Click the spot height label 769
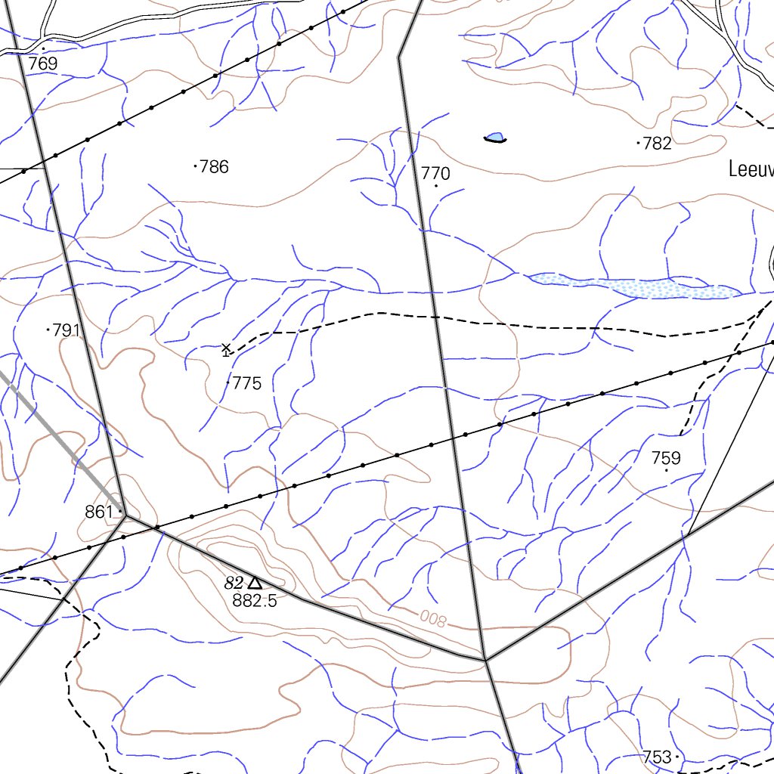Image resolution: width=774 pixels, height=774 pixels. [x=43, y=64]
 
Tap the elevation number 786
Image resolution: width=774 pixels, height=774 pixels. [x=214, y=166]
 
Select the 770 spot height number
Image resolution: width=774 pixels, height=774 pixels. [x=435, y=174]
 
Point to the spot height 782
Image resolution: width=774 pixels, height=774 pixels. [x=657, y=143]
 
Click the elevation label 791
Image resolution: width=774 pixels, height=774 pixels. [x=67, y=330]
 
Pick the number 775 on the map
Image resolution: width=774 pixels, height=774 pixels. [x=246, y=383]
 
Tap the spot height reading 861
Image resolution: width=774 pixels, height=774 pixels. [x=99, y=512]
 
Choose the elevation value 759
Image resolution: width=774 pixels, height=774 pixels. [x=666, y=458]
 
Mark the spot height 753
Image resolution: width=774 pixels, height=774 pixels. [x=657, y=757]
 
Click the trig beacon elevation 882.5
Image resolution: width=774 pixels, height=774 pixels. [x=255, y=601]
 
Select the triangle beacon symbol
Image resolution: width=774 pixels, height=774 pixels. [x=255, y=583]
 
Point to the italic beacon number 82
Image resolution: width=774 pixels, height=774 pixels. [x=234, y=583]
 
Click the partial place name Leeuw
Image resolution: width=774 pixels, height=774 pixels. [x=751, y=169]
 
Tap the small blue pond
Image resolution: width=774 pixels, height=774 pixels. [x=495, y=138]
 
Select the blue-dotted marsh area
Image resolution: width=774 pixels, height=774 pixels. [x=635, y=286]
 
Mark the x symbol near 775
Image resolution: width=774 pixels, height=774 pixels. [x=226, y=348]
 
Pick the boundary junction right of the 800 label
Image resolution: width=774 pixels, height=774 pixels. [x=485, y=660]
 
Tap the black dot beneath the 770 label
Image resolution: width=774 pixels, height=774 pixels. [x=436, y=186]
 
